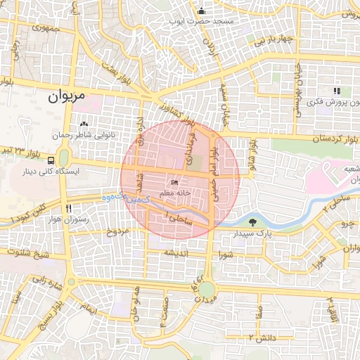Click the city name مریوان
point(67,96)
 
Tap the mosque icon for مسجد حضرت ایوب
point(202,11)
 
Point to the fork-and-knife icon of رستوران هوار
point(68,208)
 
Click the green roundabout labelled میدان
point(206,289)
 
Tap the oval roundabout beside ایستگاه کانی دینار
point(64,156)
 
